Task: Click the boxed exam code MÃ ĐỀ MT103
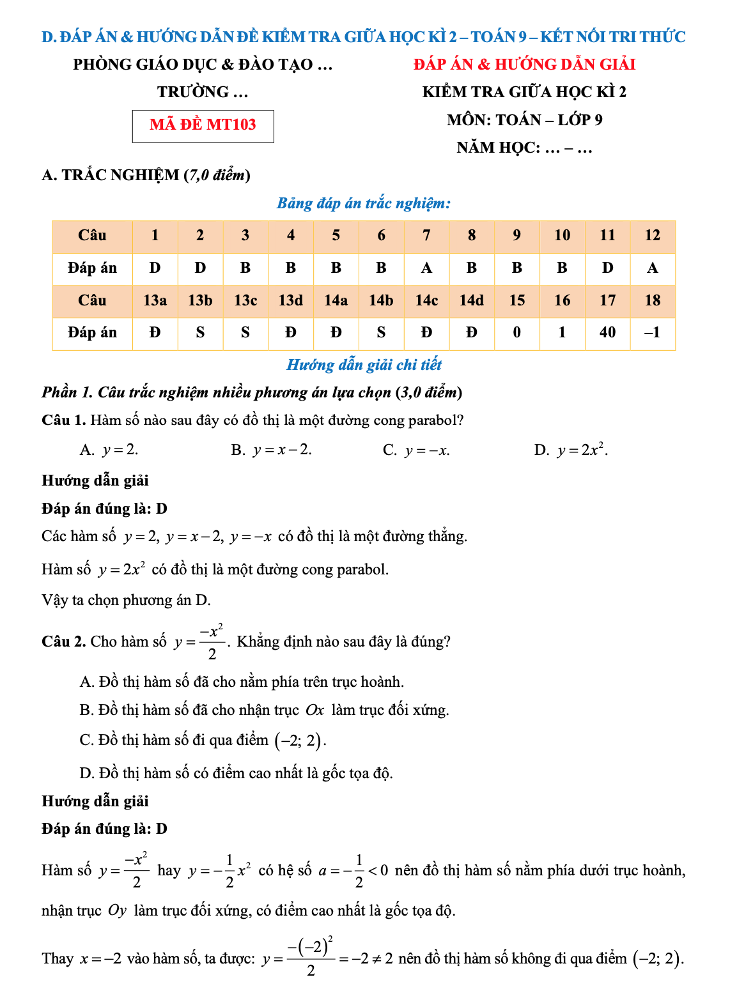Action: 203,125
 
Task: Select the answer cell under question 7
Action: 426,268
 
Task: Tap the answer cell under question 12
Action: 652,268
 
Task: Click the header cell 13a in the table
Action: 155,300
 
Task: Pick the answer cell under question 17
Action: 607,333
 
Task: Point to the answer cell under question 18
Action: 652,333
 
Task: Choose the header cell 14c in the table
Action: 426,300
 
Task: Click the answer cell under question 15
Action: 516,333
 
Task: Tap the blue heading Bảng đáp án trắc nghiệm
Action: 363,204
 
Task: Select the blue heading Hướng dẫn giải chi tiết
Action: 364,365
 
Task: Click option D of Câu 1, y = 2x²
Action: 571,450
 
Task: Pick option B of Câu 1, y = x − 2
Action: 272,450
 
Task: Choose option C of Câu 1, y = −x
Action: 416,450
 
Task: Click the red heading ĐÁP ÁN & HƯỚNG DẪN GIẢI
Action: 524,65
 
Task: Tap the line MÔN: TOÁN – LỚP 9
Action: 524,120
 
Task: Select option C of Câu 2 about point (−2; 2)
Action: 203,741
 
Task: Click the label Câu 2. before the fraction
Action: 64,641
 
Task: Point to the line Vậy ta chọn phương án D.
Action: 127,601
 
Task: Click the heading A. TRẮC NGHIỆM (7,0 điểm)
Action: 146,175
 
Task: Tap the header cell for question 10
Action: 562,236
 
